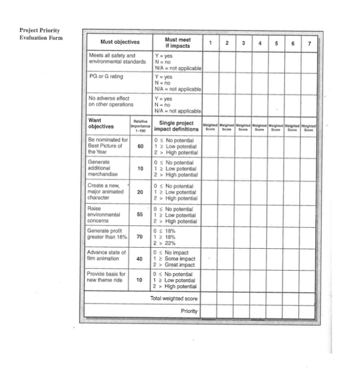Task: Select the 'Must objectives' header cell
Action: pos(120,42)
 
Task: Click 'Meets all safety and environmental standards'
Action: pos(116,59)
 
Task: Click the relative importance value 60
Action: pos(141,147)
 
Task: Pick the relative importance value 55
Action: pos(141,215)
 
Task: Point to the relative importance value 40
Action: pos(141,259)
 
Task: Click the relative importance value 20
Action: pos(141,192)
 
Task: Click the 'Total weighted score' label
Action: pos(174,299)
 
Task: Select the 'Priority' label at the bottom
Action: pos(189,311)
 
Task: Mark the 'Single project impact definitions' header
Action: pos(176,126)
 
